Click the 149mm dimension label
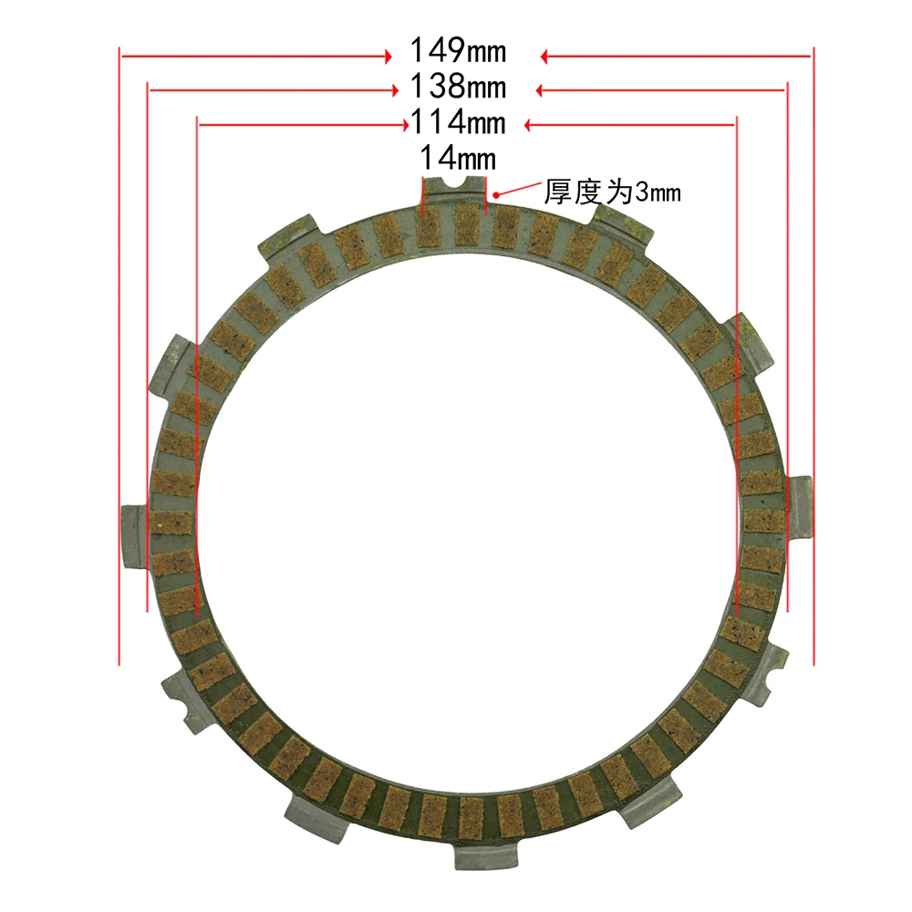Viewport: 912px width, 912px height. (458, 52)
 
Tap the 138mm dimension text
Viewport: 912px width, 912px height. (458, 88)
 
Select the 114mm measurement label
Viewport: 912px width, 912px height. (458, 122)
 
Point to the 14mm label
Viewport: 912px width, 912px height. (458, 159)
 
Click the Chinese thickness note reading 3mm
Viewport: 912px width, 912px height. (612, 192)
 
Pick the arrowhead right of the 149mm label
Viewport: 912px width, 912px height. (544, 57)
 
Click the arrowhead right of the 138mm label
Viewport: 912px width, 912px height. (540, 89)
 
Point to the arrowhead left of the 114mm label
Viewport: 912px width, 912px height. (403, 123)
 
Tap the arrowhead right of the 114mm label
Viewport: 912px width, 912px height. (530, 123)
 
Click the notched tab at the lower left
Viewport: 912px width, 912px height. (185, 700)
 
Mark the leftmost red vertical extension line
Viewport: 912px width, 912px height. (119, 356)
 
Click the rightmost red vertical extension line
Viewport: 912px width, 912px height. (813, 356)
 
